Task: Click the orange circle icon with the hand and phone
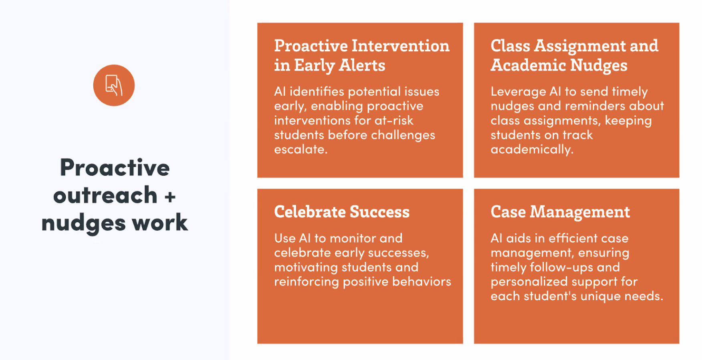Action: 114,85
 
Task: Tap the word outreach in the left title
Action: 105,195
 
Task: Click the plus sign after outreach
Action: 170,197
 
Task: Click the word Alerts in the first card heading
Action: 362,65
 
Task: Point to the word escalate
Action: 301,150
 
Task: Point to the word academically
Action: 532,150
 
